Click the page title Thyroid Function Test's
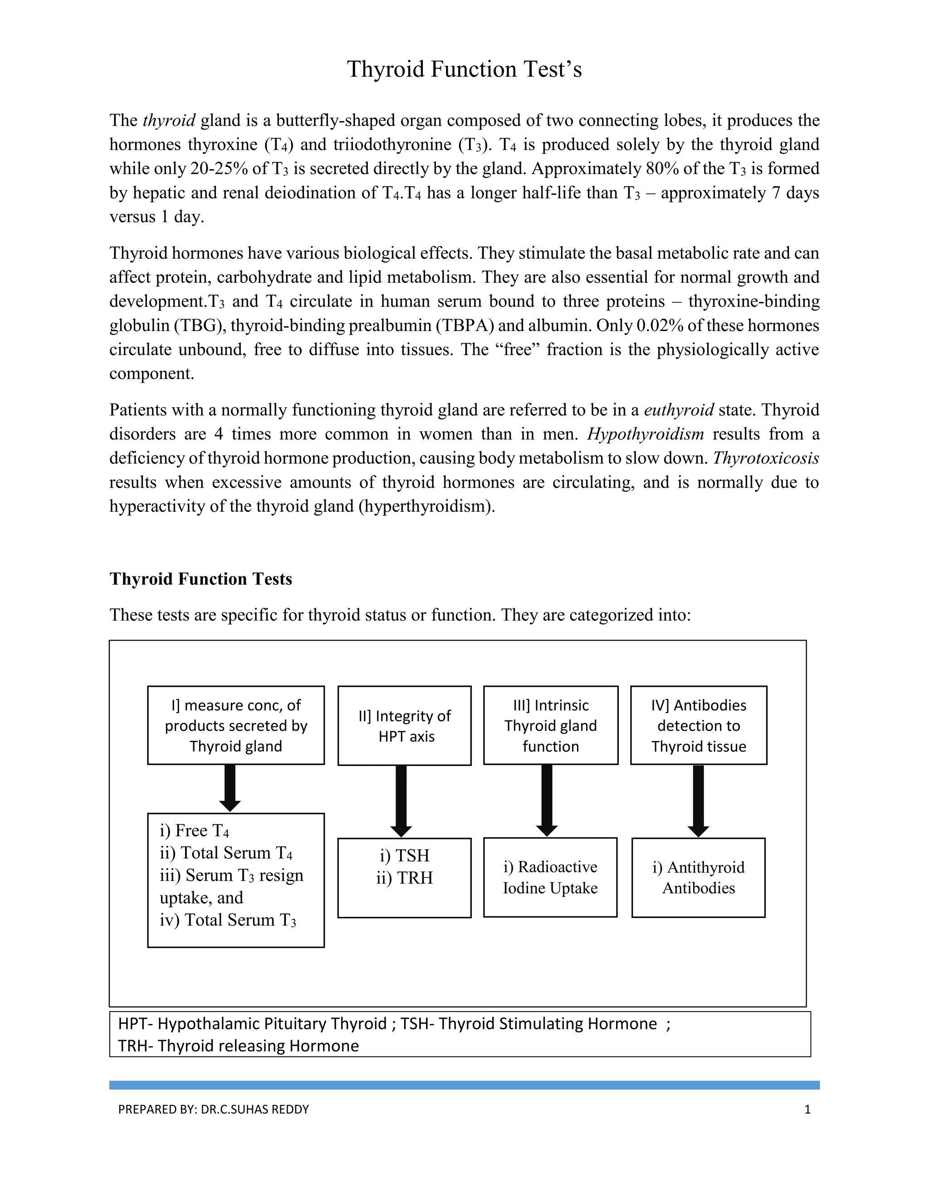coord(464,69)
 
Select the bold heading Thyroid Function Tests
coord(200,579)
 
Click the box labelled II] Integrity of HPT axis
coord(405,725)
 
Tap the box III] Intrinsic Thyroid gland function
coord(550,725)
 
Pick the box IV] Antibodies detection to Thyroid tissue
coord(699,725)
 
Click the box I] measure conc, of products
coord(235,725)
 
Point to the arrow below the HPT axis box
coord(401,800)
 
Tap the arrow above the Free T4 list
coord(230,787)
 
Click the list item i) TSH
coord(405,855)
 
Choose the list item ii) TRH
coord(405,878)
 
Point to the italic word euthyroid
coord(679,410)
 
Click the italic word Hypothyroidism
coord(645,434)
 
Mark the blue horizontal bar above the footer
coord(464,1085)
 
